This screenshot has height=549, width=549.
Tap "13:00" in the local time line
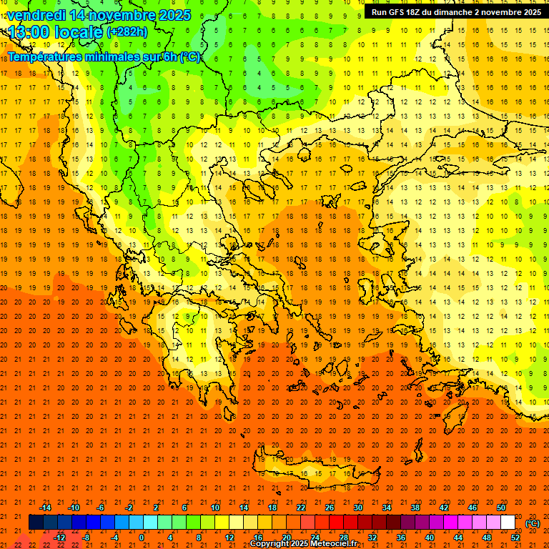(28, 31)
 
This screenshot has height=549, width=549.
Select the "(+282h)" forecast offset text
(127, 32)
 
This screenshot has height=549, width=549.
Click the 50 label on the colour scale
(501, 508)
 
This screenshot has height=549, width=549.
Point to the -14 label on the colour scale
(46, 508)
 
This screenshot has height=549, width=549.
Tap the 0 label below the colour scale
(142, 538)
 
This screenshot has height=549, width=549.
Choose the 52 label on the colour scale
(515, 538)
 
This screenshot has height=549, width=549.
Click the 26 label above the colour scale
(329, 508)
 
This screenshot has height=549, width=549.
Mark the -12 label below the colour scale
(60, 538)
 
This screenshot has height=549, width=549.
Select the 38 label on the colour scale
(415, 508)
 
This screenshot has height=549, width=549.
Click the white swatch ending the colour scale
(508, 523)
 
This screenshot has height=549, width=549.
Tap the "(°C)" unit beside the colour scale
(533, 523)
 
